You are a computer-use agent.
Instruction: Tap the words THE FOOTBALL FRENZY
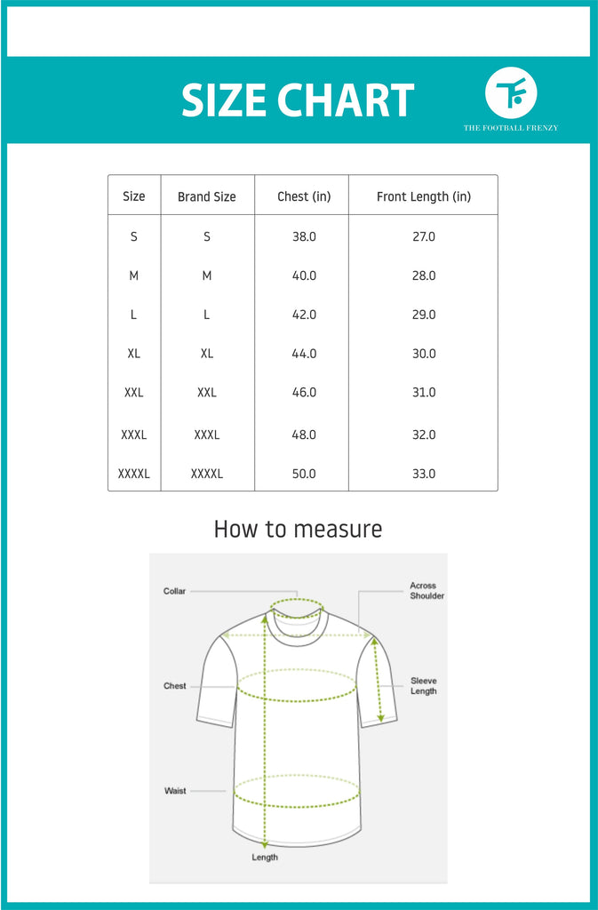tap(511, 128)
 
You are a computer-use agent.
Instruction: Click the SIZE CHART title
tap(298, 101)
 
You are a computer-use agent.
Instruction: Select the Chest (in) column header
tap(304, 196)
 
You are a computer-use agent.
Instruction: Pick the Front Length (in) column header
tap(423, 196)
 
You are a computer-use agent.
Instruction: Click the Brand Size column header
tap(207, 196)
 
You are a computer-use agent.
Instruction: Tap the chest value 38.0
tap(304, 237)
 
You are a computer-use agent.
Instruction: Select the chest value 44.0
tap(304, 354)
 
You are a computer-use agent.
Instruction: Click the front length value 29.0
tap(423, 315)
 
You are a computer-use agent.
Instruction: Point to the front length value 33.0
tap(423, 474)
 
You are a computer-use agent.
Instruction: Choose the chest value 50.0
tap(304, 474)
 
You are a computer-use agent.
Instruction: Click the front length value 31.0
tap(423, 392)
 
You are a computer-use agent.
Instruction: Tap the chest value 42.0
tap(304, 315)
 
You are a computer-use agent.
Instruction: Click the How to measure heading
tap(298, 530)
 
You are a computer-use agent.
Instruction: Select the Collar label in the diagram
tap(174, 591)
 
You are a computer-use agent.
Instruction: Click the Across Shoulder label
tap(427, 591)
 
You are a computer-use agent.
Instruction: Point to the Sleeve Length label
tap(424, 686)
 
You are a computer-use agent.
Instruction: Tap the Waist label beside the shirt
tap(175, 791)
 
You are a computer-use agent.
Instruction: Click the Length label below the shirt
tap(265, 858)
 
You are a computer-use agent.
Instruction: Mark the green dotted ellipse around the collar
tap(297, 608)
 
